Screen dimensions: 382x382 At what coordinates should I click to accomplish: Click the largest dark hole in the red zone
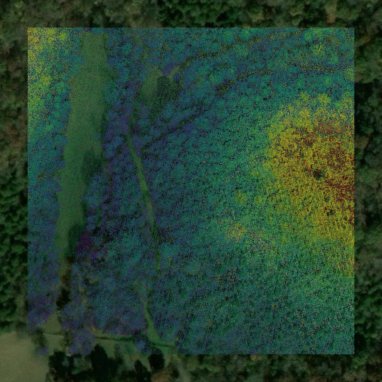tap(317, 174)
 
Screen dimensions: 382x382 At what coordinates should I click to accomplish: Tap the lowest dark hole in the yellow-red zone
tap(331, 212)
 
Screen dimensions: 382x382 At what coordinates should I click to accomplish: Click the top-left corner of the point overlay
tap(28, 28)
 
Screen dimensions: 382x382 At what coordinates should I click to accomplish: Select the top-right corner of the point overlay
tap(354, 28)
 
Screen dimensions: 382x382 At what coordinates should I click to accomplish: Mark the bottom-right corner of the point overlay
tap(354, 354)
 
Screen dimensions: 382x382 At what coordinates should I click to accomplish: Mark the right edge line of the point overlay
tap(354, 191)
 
